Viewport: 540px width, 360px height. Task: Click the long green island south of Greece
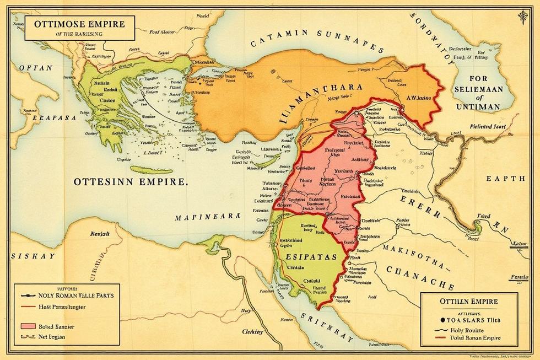(x=152, y=170)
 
